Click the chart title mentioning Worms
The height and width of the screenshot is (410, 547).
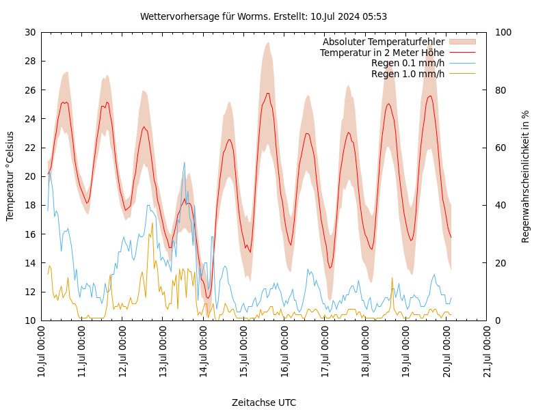point(263,16)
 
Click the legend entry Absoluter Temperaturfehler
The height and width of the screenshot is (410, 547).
point(383,42)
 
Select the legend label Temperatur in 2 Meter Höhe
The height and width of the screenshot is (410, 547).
point(382,53)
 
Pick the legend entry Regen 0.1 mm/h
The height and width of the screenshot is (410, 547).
point(408,63)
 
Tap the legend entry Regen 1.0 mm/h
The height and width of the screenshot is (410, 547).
point(408,74)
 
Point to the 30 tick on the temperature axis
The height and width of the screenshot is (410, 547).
point(30,32)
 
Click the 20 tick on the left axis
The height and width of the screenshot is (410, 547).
point(30,176)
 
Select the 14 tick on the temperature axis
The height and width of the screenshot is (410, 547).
point(30,263)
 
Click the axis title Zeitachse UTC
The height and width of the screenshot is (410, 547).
point(264,402)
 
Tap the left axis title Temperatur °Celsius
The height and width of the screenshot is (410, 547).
point(10,176)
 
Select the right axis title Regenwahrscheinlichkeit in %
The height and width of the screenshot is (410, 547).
point(526,176)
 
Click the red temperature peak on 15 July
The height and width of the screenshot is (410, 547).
point(268,93)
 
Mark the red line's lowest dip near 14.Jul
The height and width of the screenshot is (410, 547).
point(208,298)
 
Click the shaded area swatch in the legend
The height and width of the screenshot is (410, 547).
point(462,42)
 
